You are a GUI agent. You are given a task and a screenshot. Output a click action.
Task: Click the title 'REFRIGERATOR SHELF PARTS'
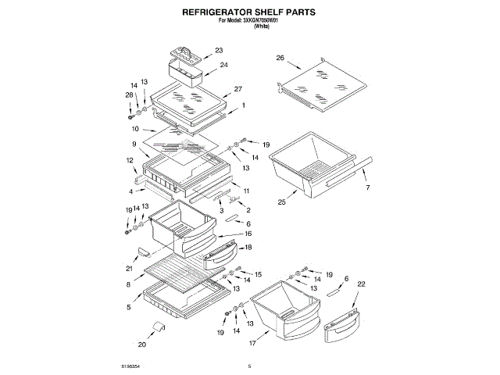249,13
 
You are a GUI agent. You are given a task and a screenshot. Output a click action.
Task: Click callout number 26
280,57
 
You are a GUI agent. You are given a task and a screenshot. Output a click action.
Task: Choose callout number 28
130,95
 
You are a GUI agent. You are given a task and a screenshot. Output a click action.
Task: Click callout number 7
368,188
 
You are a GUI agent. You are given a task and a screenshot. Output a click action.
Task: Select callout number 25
282,202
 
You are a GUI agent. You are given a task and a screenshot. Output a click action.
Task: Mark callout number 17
253,342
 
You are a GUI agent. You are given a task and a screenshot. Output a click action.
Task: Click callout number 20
141,344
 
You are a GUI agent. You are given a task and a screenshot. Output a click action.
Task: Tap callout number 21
129,269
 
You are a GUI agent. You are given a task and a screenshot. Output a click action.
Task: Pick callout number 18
248,247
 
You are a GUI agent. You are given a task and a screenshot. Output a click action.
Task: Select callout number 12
130,160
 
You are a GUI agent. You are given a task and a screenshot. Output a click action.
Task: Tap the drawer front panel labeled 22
341,320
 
